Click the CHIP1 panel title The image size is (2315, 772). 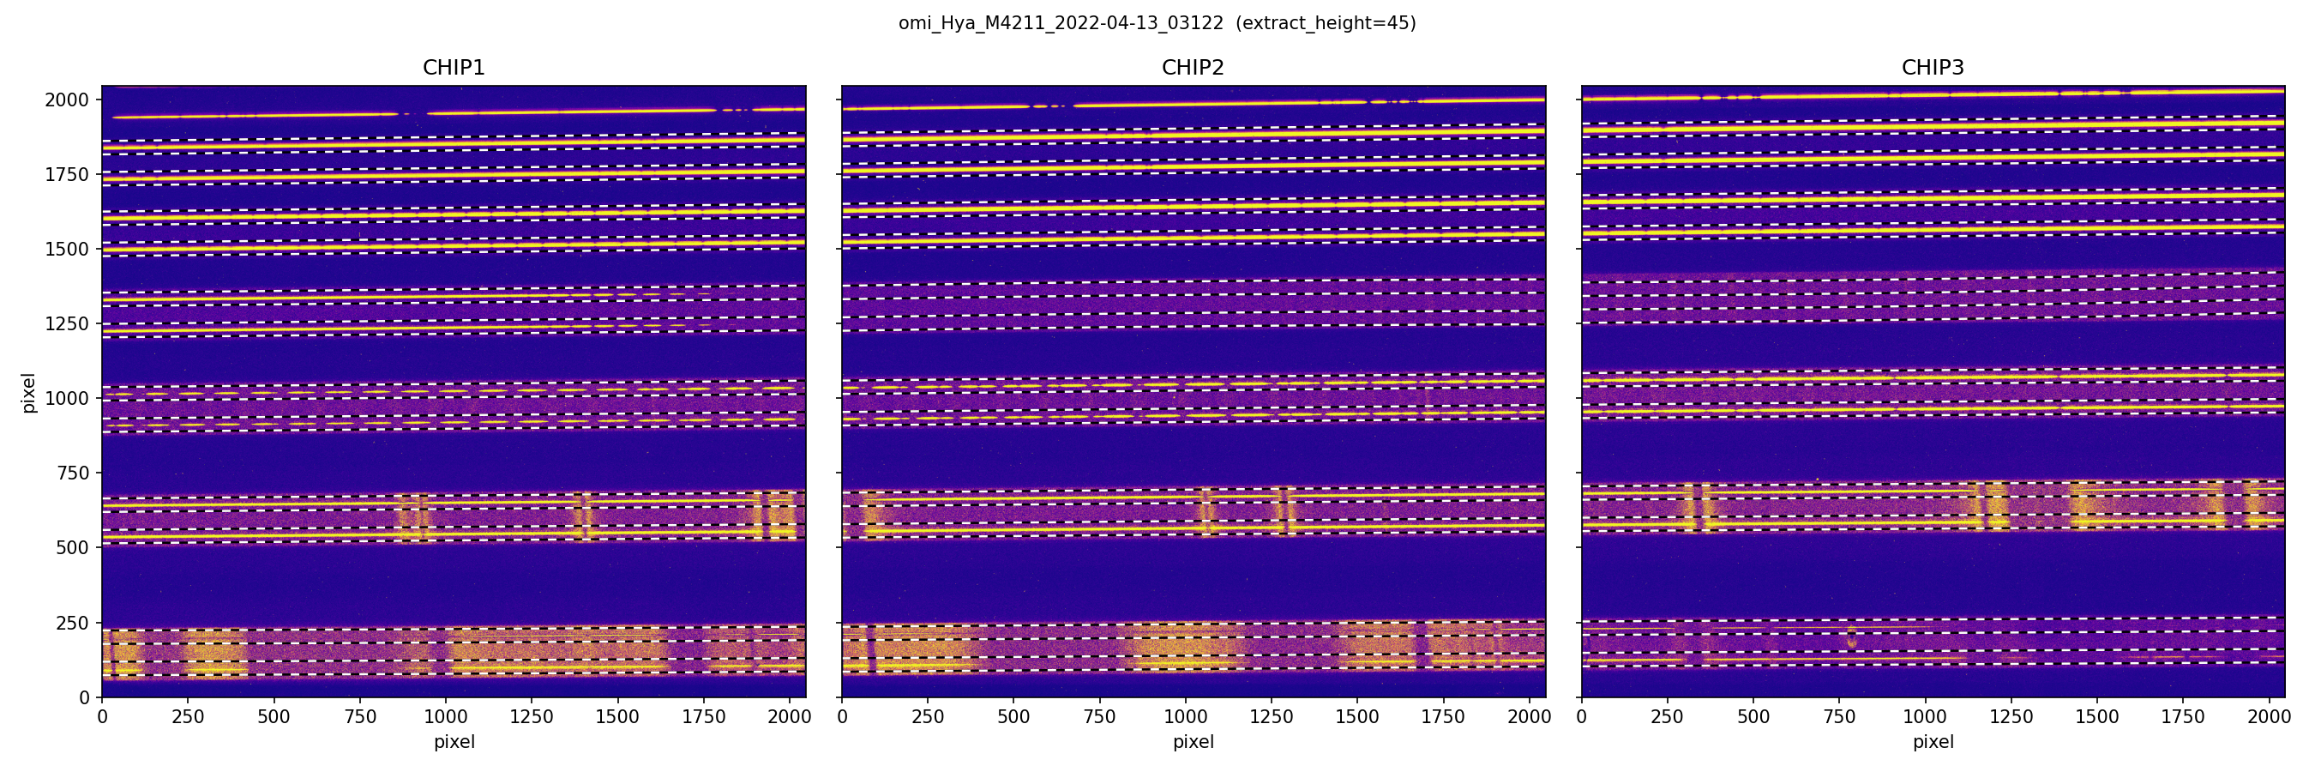click(453, 68)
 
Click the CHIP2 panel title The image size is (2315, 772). click(1193, 68)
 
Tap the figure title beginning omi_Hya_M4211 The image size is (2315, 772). click(1061, 23)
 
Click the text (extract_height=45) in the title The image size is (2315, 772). click(1326, 23)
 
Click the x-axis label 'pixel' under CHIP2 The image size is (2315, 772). click(1193, 742)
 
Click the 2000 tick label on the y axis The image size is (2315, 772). click(67, 100)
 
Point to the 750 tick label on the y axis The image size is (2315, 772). click(72, 473)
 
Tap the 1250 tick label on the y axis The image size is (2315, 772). click(67, 323)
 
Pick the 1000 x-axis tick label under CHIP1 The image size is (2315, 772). click(446, 717)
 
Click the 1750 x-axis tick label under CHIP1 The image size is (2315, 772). click(704, 717)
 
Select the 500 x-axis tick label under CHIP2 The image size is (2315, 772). click(1013, 717)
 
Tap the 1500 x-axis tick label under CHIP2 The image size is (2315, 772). click(1357, 717)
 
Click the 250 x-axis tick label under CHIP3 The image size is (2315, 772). click(1667, 717)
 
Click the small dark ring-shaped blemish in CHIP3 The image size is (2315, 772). click(1851, 637)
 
